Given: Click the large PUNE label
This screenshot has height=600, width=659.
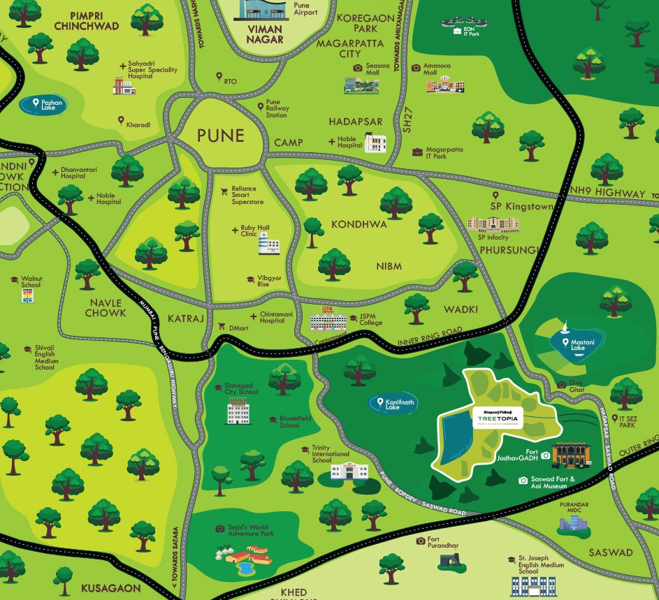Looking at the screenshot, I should [x=220, y=135].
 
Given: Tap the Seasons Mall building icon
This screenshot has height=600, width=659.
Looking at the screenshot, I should [x=362, y=85].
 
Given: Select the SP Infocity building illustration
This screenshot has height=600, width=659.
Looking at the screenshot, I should [x=493, y=224].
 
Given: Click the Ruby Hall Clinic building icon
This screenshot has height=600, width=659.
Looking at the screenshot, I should [x=268, y=244].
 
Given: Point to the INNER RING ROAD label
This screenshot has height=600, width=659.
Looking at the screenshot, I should [x=430, y=336].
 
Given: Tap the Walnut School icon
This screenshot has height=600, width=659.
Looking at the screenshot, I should [x=29, y=296].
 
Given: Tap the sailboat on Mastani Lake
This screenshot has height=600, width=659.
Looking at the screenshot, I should [x=565, y=326].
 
